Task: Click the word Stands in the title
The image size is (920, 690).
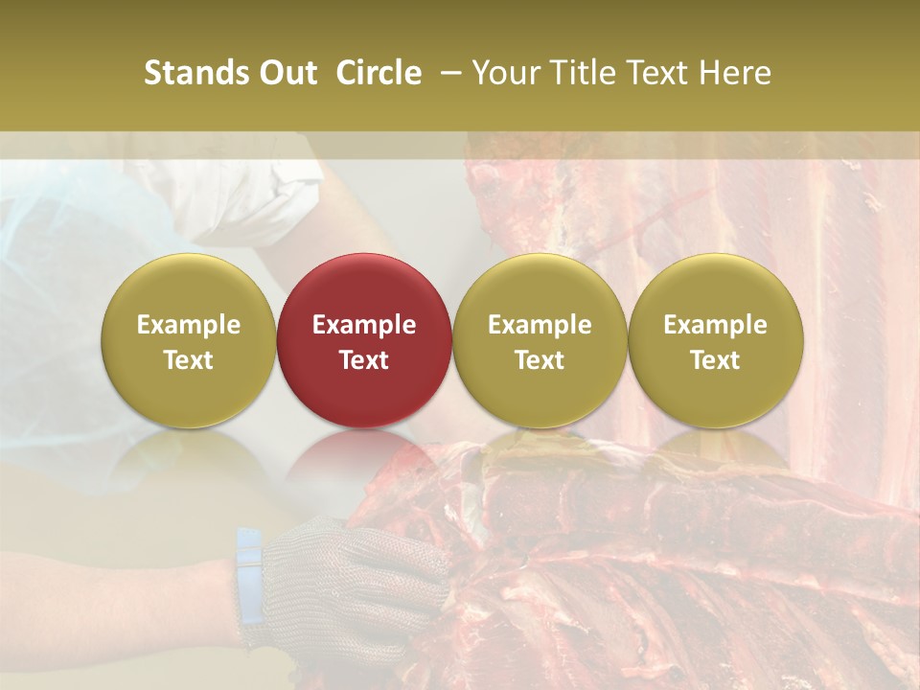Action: [x=188, y=73]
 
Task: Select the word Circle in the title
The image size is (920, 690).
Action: [x=379, y=73]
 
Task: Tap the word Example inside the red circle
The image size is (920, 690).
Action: [x=364, y=325]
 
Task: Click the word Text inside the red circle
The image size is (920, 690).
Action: [x=364, y=360]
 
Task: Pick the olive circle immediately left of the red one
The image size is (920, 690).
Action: [x=188, y=340]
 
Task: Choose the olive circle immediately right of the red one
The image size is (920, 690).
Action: [x=540, y=340]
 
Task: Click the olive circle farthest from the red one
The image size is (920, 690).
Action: [x=715, y=340]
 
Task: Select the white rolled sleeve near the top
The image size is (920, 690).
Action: [x=230, y=192]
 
